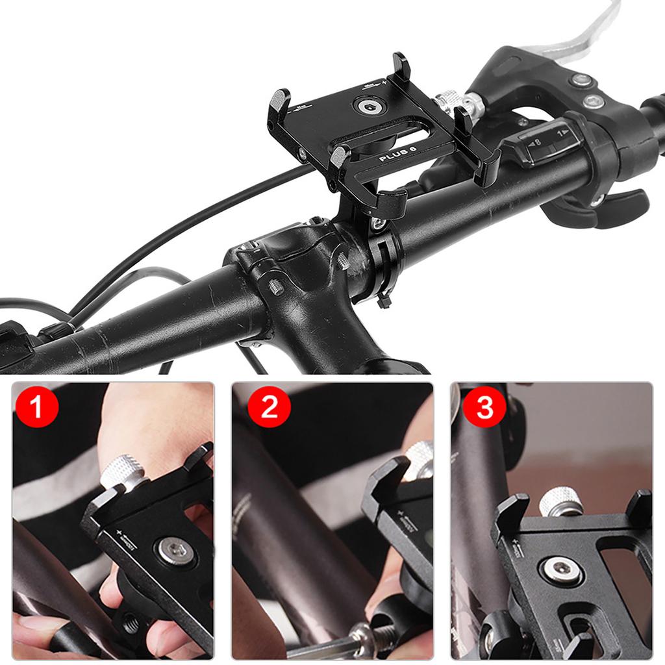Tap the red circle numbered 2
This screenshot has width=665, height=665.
(268, 407)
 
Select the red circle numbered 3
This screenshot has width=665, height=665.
(484, 407)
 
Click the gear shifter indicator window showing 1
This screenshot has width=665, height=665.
(549, 140)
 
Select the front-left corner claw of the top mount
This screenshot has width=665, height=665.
(339, 162)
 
